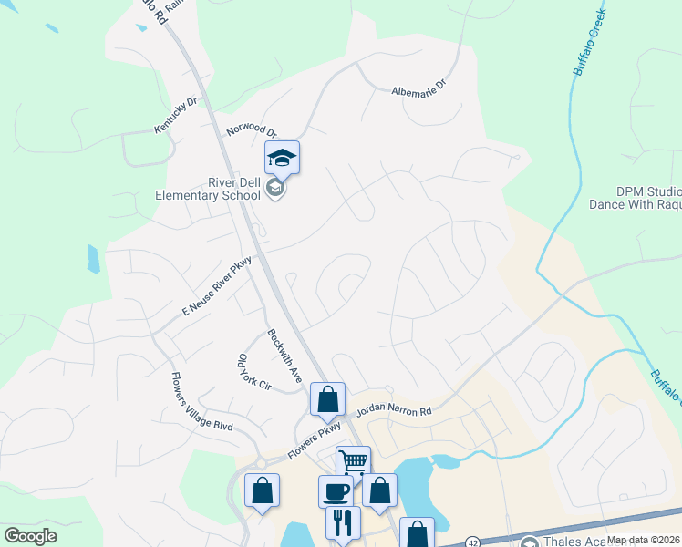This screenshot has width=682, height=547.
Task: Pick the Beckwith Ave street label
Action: pyautogui.click(x=284, y=355)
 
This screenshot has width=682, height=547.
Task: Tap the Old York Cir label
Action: pyautogui.click(x=253, y=373)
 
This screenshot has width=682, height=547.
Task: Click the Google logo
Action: pyautogui.click(x=30, y=536)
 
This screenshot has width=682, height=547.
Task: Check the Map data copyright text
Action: pyautogui.click(x=644, y=540)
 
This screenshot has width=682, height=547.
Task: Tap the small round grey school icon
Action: pyautogui.click(x=276, y=189)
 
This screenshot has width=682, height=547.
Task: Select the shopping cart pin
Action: pyautogui.click(x=353, y=462)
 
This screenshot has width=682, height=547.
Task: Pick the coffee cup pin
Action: pyautogui.click(x=336, y=490)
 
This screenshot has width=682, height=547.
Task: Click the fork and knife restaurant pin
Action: pyautogui.click(x=343, y=522)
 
